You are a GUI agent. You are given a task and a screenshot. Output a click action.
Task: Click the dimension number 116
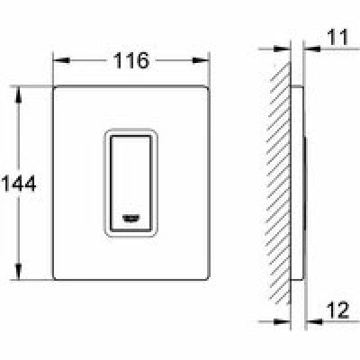pos(130,60)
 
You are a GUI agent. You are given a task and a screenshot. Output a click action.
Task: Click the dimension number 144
pos(19,184)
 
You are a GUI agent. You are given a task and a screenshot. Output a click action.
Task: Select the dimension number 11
pos(338,37)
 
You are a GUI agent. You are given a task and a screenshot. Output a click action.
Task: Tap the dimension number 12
pos(337,310)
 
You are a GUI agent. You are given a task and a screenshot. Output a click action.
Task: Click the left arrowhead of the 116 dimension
pos(61,60)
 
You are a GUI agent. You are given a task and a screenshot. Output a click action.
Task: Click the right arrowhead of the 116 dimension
pos(201,60)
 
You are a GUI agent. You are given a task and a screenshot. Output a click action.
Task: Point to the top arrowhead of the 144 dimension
pos(19,95)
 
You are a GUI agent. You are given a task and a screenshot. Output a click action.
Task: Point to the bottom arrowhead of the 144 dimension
pos(19,272)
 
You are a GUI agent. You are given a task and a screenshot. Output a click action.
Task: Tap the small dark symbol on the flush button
pos(130,219)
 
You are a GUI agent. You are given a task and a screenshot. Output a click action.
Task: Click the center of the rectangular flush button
pos(130,184)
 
